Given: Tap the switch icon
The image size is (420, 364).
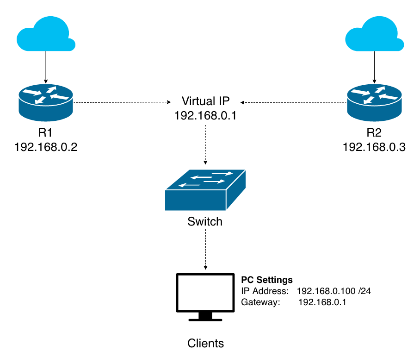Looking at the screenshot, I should (205, 189).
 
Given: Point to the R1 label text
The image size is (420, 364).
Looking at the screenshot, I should (45, 133).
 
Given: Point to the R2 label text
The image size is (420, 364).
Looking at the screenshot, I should (374, 133).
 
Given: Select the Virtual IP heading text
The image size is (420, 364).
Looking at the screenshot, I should (205, 101).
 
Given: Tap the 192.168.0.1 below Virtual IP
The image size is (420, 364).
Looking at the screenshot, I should (205, 116).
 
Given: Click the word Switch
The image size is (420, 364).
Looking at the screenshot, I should (205, 222).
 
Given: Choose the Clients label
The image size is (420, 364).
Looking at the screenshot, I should (205, 343).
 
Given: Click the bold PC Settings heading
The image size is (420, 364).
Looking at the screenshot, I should (267, 280).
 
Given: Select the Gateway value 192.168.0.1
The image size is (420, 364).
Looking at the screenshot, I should (322, 302).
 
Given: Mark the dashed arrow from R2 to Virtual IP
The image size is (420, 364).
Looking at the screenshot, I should (293, 102).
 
